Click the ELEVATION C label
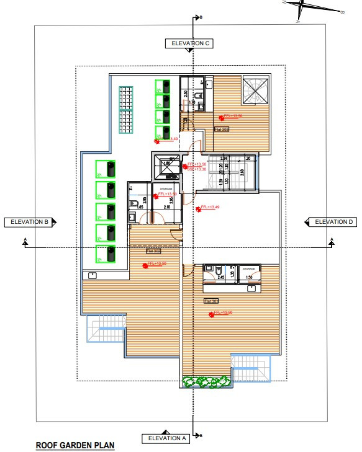click(189, 43)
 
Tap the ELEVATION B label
click(29, 222)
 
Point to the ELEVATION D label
click(333, 222)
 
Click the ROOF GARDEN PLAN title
click(75, 445)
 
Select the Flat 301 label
click(211, 301)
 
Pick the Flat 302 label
click(153, 251)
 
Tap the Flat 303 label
click(222, 129)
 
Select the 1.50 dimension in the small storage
click(250, 278)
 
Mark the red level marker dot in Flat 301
click(212, 314)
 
